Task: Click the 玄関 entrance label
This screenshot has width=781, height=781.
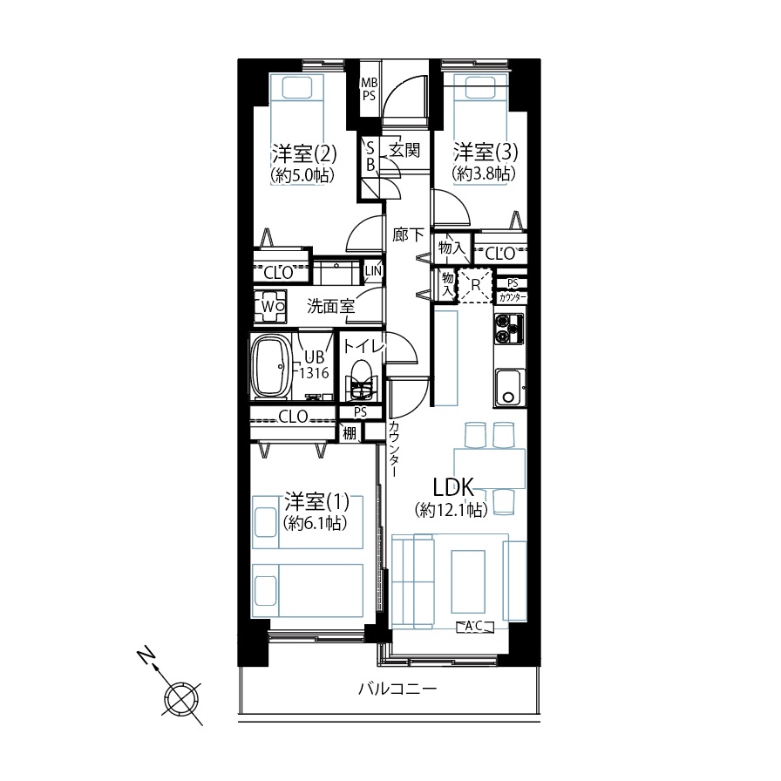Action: [404, 149]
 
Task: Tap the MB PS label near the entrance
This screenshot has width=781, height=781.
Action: [369, 90]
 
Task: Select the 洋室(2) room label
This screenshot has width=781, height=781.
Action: [304, 153]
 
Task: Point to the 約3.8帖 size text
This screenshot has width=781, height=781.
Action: [484, 173]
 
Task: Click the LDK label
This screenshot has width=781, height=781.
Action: [453, 487]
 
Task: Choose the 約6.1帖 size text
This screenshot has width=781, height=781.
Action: [316, 523]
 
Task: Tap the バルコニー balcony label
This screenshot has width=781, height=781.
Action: [397, 689]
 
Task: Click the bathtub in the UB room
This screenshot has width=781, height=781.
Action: [271, 366]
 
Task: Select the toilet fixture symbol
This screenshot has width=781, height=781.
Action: [361, 380]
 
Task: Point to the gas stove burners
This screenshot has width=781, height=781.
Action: [509, 329]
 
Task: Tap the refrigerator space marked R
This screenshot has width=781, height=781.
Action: [475, 285]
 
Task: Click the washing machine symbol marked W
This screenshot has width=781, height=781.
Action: [270, 306]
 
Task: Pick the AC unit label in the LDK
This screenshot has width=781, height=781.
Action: [475, 626]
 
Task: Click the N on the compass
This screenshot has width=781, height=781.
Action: [146, 656]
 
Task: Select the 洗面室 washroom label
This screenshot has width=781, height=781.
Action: [330, 306]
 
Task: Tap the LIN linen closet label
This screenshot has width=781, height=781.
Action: [374, 270]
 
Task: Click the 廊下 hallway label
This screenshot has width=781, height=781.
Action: [408, 234]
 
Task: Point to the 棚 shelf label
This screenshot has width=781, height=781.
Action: [350, 433]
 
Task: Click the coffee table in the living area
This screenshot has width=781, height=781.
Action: [468, 581]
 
